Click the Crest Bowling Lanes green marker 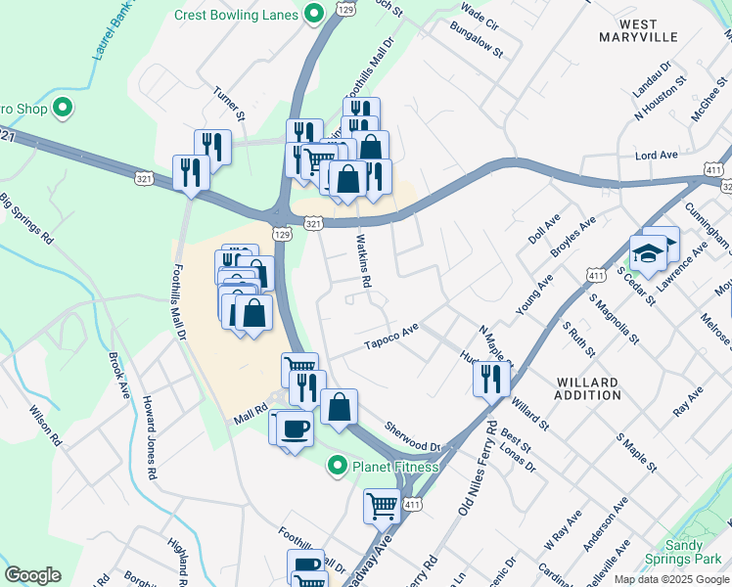point(313,14)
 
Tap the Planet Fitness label point(395,467)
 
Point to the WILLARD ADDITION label point(588,388)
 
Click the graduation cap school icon point(647,254)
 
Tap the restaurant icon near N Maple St point(491,377)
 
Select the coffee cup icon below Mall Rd point(295,428)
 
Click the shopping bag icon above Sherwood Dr point(339,407)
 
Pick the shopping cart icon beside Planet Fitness point(382,506)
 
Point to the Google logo point(32,574)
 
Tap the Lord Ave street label point(657,156)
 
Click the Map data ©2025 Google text point(670,579)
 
